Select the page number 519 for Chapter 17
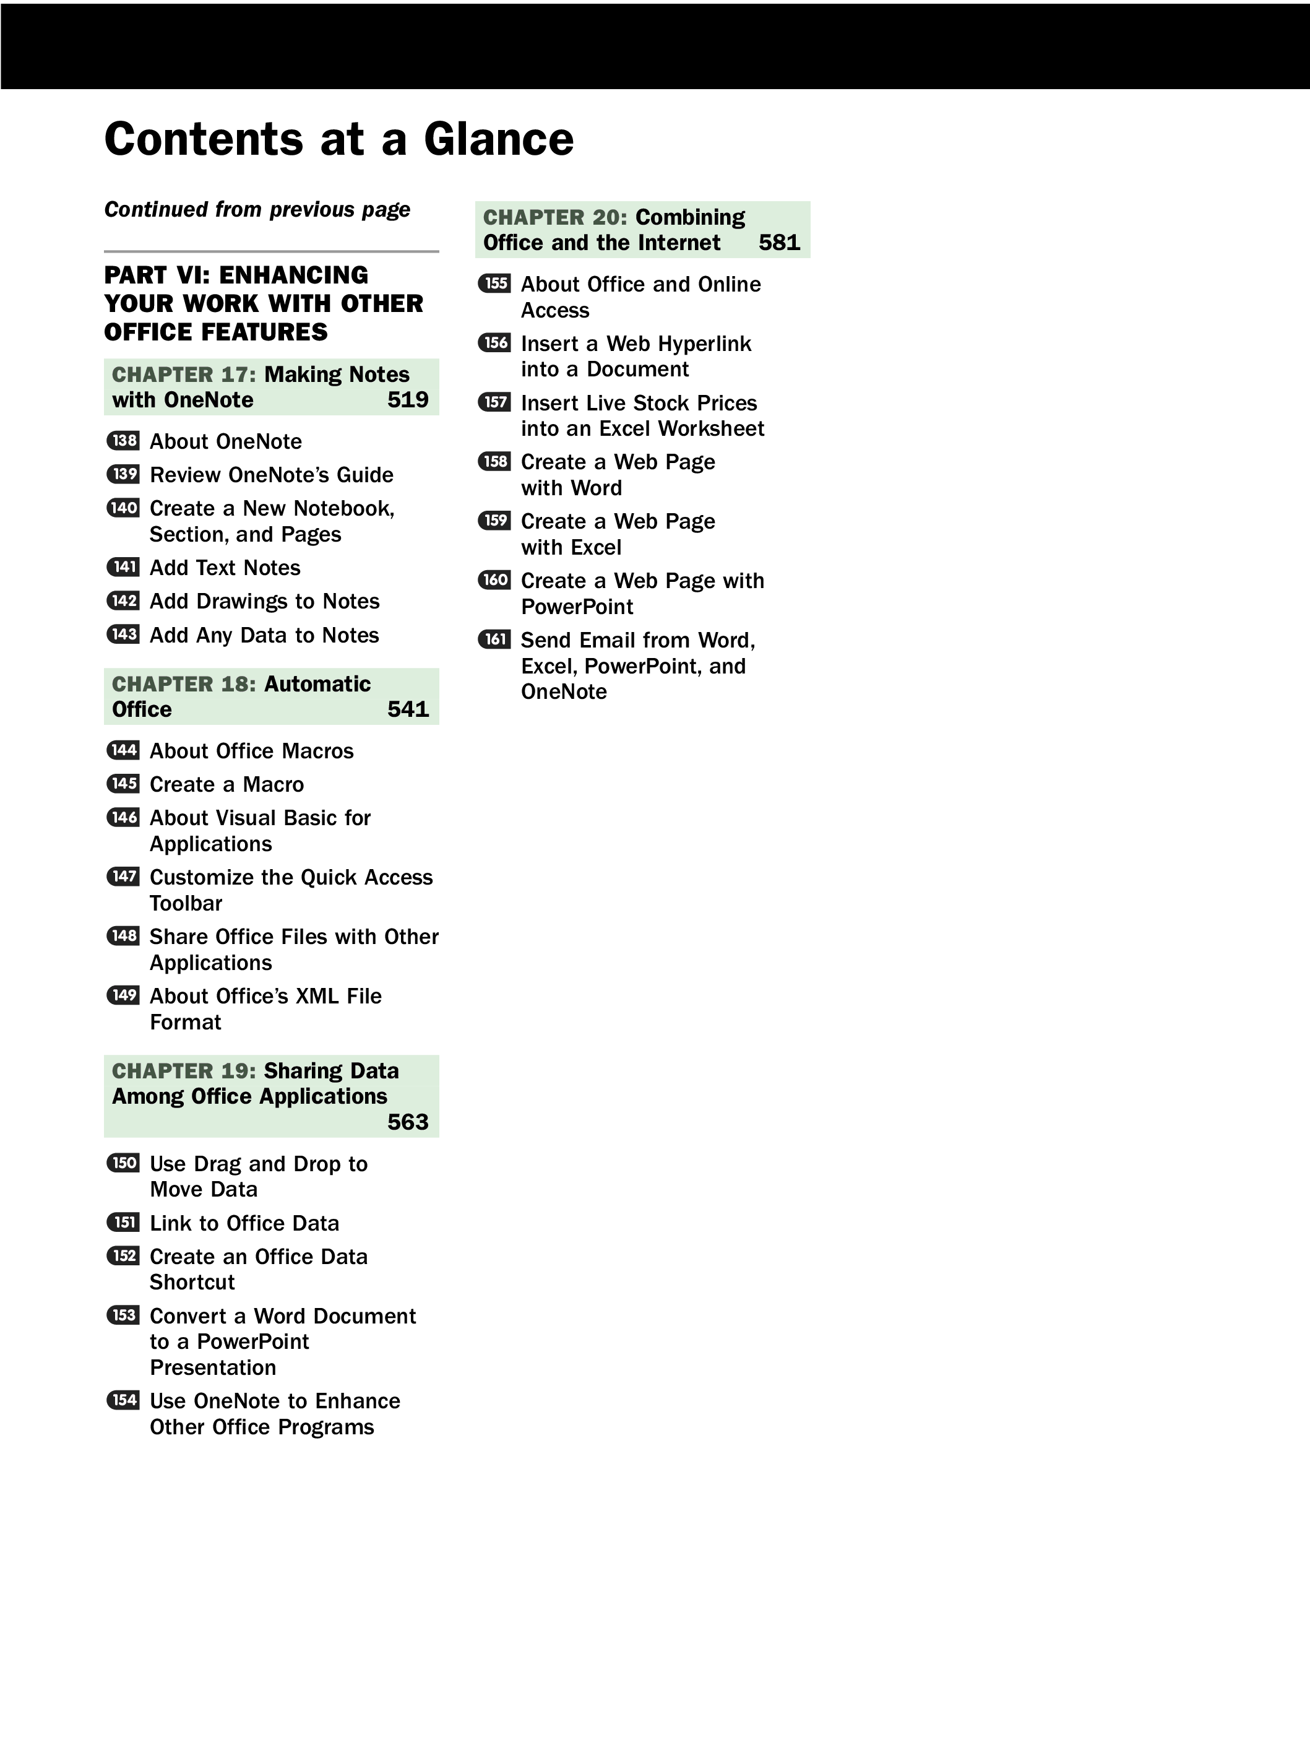408,400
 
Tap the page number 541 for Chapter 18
408,709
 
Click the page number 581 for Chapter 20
780,243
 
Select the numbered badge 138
123,441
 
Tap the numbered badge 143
123,634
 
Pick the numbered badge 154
123,1400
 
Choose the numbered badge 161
494,639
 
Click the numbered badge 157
494,402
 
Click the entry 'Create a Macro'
227,784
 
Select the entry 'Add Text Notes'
225,568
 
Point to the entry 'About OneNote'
226,441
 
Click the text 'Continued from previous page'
257,210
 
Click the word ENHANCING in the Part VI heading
293,275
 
